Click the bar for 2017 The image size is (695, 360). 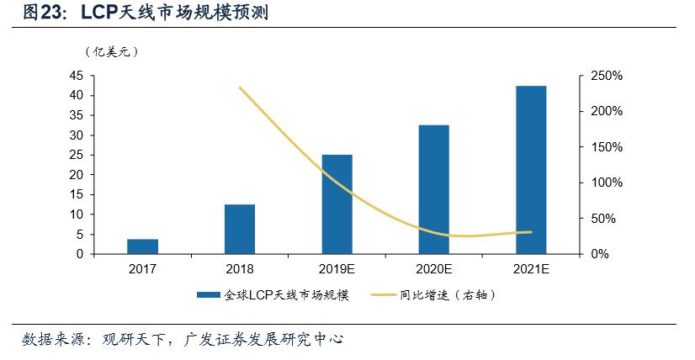[142, 246]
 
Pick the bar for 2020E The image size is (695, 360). [433, 189]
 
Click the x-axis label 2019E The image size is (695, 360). [337, 269]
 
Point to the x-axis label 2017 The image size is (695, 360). [142, 269]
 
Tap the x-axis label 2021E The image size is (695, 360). [531, 269]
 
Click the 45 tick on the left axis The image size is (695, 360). [76, 76]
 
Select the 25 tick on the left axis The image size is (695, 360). [76, 155]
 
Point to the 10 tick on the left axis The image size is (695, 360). [76, 214]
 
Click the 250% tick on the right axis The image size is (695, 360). [605, 76]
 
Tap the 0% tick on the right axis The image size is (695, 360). [598, 254]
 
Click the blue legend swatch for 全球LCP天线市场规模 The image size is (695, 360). [209, 295]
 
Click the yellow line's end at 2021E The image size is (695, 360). [531, 232]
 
